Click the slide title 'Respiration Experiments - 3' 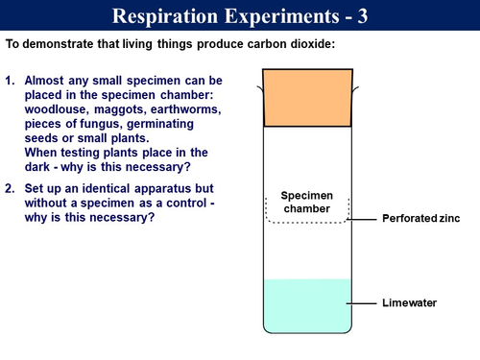point(239,16)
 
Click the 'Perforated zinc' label point(420,219)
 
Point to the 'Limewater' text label point(409,303)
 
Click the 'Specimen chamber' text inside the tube point(307,203)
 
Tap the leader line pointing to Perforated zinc point(364,219)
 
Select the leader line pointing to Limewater point(364,303)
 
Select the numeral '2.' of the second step point(11,188)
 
